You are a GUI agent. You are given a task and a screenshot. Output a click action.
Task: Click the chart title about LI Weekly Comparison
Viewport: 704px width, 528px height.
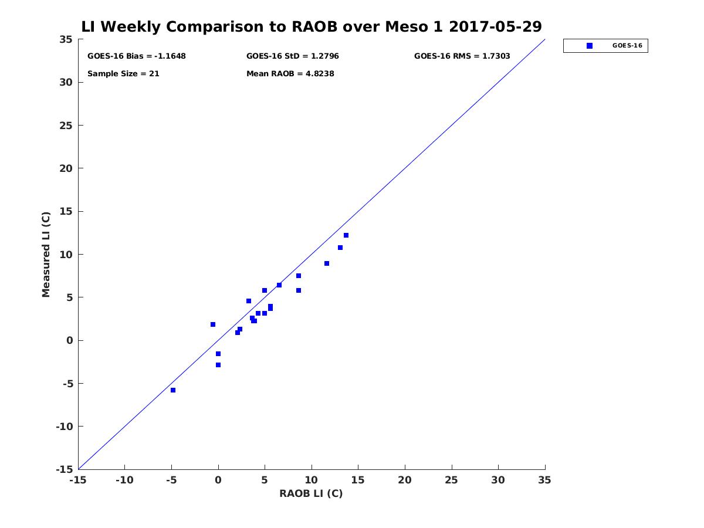click(311, 26)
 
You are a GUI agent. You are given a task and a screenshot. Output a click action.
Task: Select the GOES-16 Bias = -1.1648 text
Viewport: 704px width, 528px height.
click(137, 56)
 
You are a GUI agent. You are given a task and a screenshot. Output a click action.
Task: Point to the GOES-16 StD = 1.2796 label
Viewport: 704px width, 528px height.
click(293, 56)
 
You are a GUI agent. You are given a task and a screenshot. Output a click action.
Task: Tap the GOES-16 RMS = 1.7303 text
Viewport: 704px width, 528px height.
click(462, 56)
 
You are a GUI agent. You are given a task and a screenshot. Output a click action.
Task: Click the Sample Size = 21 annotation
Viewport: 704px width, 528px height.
click(123, 74)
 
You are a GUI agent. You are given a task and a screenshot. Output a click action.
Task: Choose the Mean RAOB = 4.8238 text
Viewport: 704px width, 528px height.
click(290, 74)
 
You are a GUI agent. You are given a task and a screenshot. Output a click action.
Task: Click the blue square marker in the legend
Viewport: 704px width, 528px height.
click(590, 46)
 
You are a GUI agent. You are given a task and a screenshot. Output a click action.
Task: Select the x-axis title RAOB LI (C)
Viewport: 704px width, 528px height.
click(311, 493)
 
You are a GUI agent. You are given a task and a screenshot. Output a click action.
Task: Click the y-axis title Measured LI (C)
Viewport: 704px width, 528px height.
click(46, 255)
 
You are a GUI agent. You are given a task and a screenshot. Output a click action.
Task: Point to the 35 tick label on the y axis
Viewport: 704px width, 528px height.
click(66, 39)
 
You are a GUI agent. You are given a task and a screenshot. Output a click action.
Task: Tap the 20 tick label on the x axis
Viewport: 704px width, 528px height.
click(404, 480)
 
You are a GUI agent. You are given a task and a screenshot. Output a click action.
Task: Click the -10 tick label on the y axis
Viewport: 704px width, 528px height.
click(65, 427)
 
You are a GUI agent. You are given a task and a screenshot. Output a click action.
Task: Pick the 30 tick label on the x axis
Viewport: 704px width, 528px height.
click(497, 480)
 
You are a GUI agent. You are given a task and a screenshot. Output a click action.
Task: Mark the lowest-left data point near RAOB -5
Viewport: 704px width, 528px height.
click(173, 390)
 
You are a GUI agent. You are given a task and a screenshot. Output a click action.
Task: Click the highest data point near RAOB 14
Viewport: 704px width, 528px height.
click(346, 235)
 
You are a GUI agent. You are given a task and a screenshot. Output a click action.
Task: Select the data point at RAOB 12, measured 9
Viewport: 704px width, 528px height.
click(327, 263)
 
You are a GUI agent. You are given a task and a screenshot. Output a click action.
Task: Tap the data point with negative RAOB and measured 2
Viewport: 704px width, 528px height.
click(212, 324)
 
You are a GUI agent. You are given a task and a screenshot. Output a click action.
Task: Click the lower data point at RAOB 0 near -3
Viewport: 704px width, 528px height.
click(218, 365)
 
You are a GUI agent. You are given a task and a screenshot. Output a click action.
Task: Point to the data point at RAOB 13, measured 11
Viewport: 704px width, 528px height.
click(340, 248)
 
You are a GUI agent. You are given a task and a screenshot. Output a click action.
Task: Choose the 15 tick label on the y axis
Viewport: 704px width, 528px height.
click(66, 212)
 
